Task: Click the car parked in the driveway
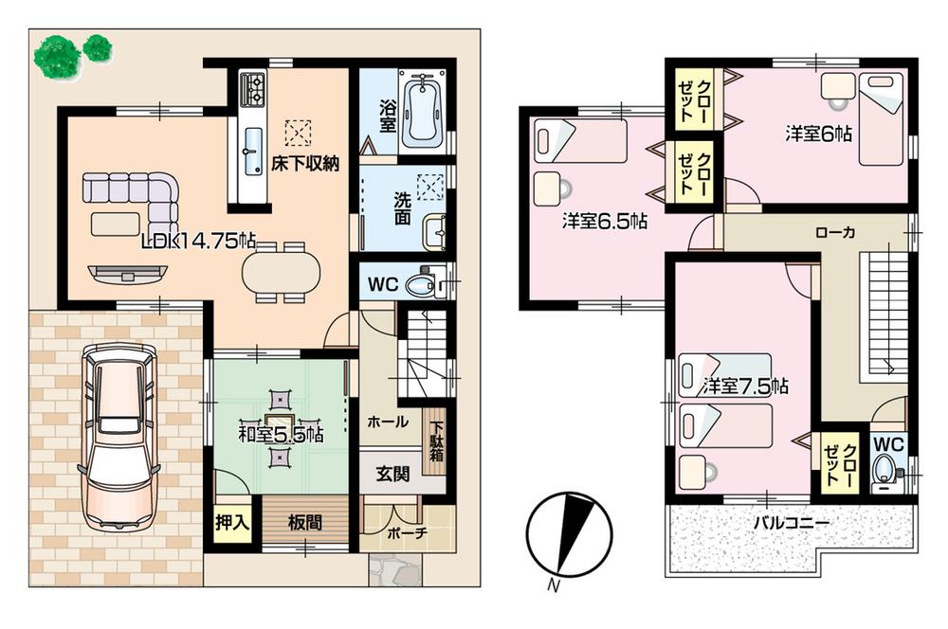coord(118,435)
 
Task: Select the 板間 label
coord(304,522)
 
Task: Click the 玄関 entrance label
coord(391,475)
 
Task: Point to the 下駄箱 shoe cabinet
coord(436,441)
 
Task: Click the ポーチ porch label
coord(407,534)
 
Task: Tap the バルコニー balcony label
coord(792,522)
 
